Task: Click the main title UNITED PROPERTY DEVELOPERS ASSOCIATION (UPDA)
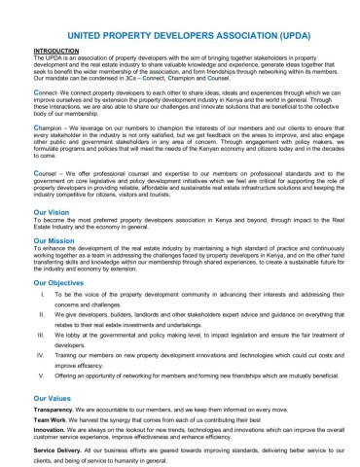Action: [180, 32]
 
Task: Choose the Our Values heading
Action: [53, 398]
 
